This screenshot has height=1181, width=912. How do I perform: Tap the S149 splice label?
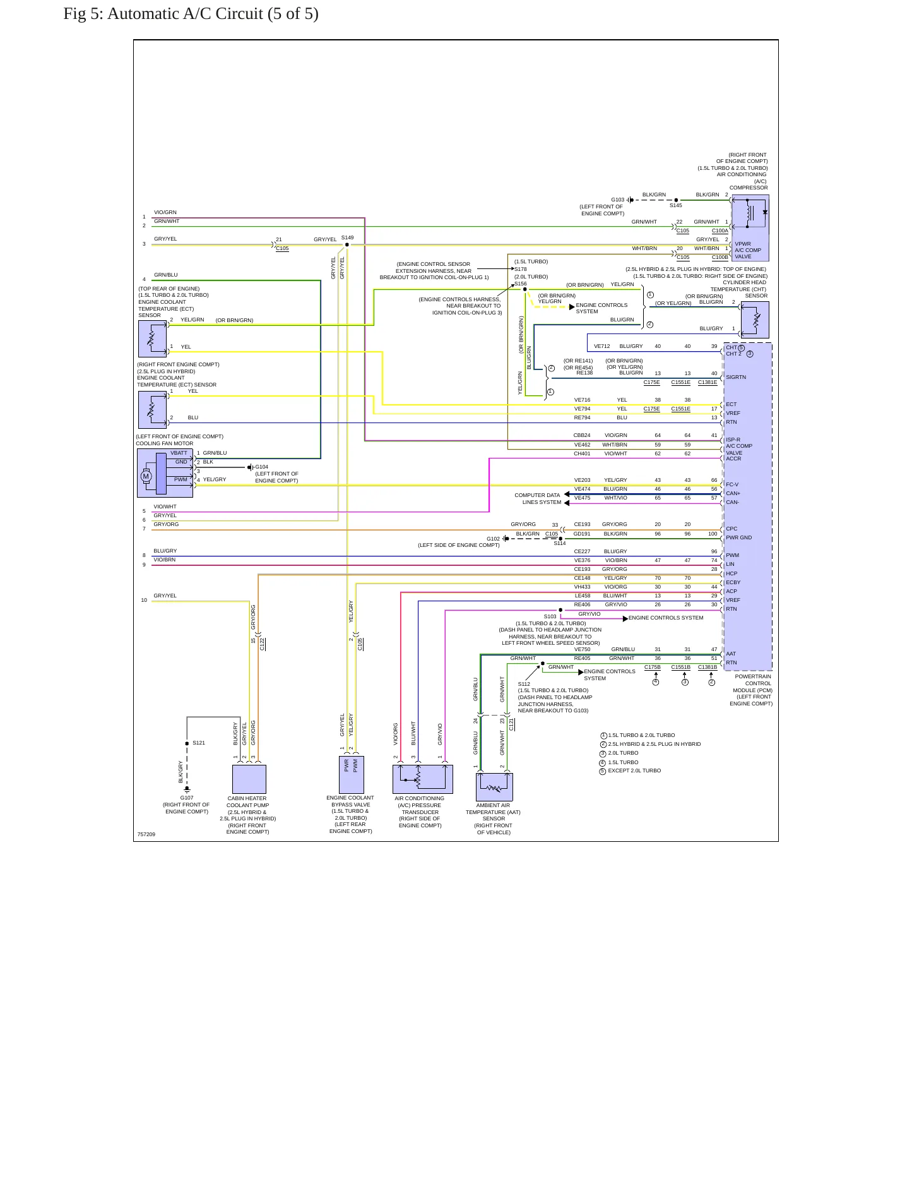click(347, 237)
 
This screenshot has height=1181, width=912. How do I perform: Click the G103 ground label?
click(617, 200)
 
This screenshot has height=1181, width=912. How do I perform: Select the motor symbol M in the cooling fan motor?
click(146, 476)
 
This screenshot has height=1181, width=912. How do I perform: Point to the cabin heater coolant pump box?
click(249, 779)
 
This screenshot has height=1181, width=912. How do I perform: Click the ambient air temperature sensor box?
click(494, 787)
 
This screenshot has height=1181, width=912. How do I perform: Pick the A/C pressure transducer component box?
click(423, 779)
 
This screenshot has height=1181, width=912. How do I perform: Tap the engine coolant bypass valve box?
click(352, 775)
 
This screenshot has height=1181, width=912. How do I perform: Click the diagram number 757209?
click(146, 834)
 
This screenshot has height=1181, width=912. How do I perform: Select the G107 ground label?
click(187, 798)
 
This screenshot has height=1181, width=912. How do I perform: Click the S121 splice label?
click(199, 743)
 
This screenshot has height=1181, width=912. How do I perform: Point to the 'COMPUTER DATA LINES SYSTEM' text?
click(538, 499)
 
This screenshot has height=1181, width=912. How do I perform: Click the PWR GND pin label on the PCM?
click(739, 537)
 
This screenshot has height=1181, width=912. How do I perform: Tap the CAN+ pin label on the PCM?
click(733, 493)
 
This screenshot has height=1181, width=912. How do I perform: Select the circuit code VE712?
click(602, 346)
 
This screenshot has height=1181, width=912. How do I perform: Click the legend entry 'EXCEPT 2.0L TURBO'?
click(634, 770)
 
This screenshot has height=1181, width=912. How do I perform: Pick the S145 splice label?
click(676, 205)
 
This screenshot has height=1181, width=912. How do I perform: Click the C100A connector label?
click(720, 231)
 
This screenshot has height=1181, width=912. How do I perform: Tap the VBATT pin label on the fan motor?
click(179, 453)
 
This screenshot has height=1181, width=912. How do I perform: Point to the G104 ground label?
click(262, 467)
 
